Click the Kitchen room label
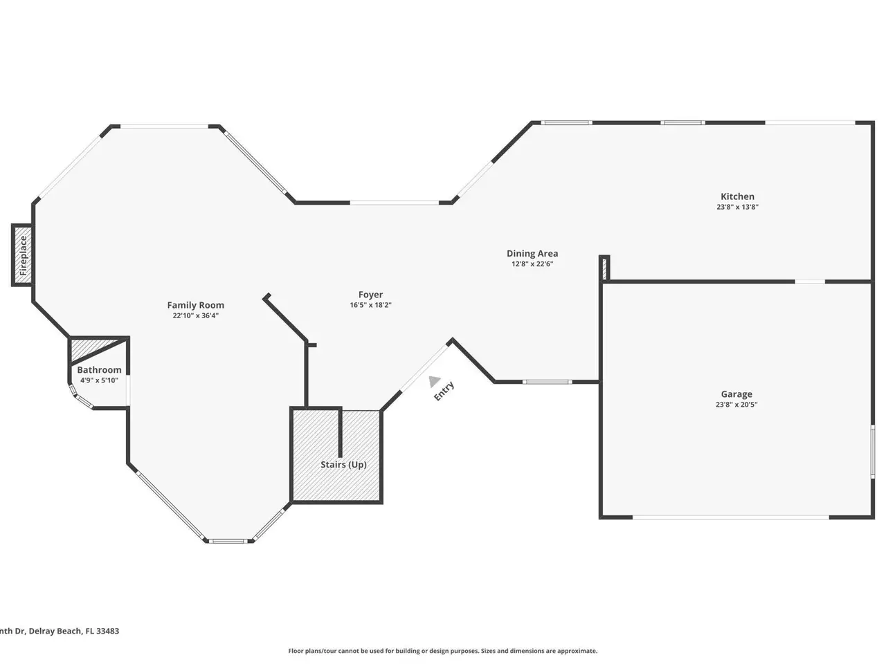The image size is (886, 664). pos(737,196)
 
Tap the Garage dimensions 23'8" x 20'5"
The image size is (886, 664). pos(736,405)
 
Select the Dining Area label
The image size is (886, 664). pos(532,253)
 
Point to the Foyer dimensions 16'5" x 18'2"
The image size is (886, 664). pos(370,305)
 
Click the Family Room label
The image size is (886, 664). pos(195,305)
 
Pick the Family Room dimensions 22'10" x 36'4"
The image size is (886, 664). pos(195,315)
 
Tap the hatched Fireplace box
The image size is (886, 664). pos(23,255)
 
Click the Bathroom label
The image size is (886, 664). pos(99,369)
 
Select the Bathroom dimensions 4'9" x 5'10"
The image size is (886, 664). pos(99,380)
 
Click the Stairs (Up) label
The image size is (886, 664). pos(343,464)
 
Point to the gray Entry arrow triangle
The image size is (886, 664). pos(433,381)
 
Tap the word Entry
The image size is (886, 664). pos(444,391)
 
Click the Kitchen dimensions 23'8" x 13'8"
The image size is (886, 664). pos(737,207)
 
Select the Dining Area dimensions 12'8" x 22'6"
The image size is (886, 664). pos(532,264)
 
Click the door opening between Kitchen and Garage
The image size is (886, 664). pos(810,282)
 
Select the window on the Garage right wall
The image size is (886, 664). pos(872,452)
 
